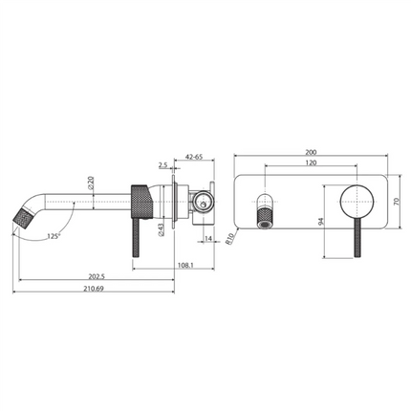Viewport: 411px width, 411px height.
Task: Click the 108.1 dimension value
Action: [x=159, y=267]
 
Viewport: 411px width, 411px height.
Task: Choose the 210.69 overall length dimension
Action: [x=93, y=291]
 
